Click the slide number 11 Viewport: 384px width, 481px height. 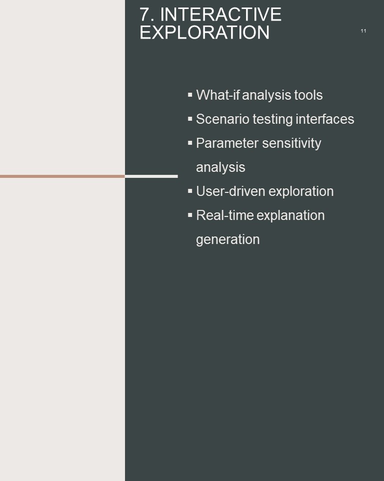[x=363, y=31]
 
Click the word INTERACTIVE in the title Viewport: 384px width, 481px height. [x=220, y=15]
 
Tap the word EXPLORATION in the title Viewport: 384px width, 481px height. [x=204, y=33]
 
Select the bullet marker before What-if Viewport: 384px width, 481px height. [x=190, y=95]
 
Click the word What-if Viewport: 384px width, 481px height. [x=217, y=95]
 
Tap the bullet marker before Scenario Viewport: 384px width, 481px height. [x=190, y=119]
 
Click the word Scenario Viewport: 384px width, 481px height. [x=222, y=119]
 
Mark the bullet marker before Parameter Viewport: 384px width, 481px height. [x=190, y=143]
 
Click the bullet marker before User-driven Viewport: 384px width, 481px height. [x=190, y=191]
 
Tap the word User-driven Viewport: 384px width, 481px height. [x=230, y=191]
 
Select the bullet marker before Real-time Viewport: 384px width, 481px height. [x=190, y=215]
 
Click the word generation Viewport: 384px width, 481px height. [x=228, y=239]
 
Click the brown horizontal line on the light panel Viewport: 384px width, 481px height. [x=62, y=176]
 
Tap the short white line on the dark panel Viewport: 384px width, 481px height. [x=151, y=176]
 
